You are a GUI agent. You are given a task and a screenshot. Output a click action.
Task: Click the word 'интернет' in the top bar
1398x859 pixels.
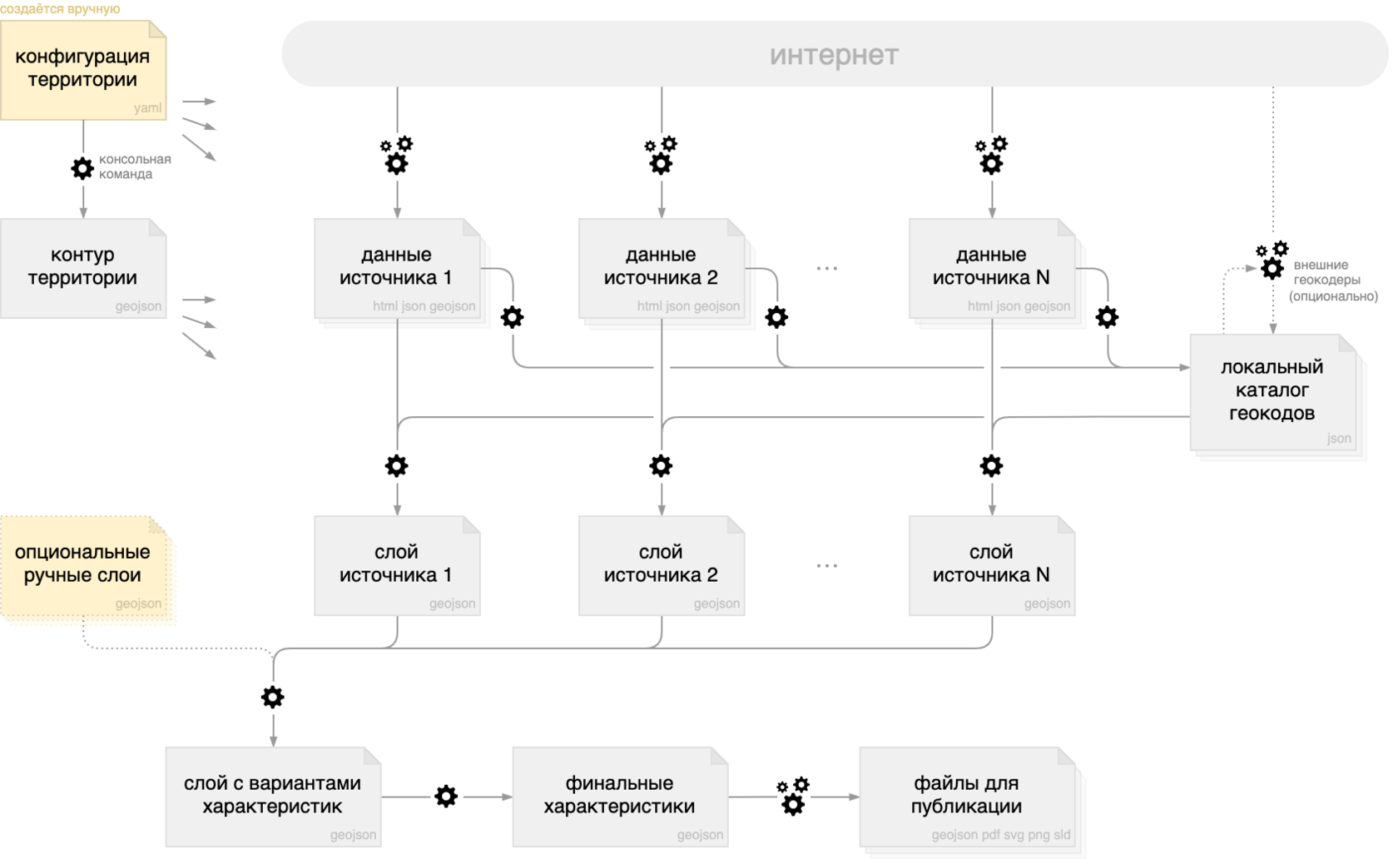click(x=834, y=55)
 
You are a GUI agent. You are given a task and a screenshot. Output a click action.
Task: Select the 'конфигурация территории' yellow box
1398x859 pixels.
click(x=83, y=70)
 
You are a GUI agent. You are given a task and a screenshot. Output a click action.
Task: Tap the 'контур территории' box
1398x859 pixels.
click(x=83, y=268)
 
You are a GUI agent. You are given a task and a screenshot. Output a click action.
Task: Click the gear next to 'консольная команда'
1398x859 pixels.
click(x=82, y=168)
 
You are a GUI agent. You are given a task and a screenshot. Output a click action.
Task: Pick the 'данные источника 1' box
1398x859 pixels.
click(x=398, y=268)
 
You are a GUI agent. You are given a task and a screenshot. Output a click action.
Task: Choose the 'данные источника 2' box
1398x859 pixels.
click(x=662, y=268)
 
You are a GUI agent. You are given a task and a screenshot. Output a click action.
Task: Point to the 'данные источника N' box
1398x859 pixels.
click(x=992, y=268)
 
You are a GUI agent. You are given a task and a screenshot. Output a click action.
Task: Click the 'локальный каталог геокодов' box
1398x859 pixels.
click(x=1273, y=392)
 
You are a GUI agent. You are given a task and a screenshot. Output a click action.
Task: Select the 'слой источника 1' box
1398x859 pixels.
click(x=398, y=566)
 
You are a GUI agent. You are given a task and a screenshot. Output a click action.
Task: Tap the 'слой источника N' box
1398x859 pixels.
click(x=992, y=566)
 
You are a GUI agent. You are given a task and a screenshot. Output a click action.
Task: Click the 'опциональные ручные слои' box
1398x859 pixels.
click(x=83, y=566)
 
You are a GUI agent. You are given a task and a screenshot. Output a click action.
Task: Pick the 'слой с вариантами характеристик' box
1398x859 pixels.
click(x=273, y=797)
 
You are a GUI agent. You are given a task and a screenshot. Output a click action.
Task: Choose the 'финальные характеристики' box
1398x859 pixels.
click(x=621, y=797)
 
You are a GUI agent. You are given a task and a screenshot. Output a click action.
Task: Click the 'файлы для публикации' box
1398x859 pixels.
click(x=967, y=797)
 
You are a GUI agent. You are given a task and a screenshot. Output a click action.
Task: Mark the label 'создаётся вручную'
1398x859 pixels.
click(x=60, y=8)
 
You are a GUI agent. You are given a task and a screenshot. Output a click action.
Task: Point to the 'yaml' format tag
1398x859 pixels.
click(x=148, y=108)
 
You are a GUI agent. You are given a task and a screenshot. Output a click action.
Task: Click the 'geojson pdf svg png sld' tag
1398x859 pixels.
click(x=1001, y=835)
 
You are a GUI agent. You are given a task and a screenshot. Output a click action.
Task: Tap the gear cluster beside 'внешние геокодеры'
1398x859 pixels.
click(x=1272, y=261)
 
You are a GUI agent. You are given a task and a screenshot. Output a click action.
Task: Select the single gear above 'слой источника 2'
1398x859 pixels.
click(x=661, y=466)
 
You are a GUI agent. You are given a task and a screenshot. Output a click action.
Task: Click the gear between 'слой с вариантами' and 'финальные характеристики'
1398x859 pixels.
click(x=446, y=797)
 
